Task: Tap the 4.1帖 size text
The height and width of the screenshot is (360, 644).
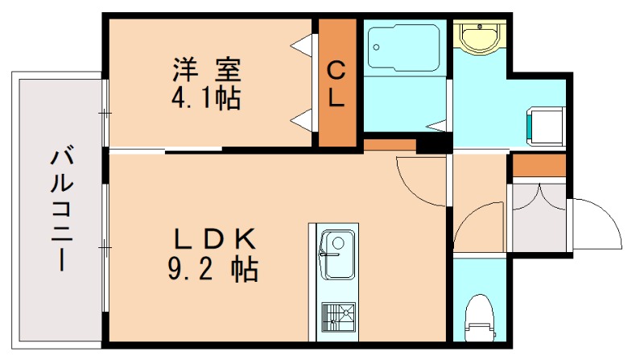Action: (x=206, y=100)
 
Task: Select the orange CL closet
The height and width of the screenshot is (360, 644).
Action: (x=337, y=82)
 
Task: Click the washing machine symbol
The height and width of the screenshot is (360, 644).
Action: (x=543, y=126)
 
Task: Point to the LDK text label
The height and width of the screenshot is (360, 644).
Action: (x=214, y=239)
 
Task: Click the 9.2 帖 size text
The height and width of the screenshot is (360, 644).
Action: (x=213, y=269)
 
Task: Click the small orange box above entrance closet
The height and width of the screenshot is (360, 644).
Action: (x=538, y=164)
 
